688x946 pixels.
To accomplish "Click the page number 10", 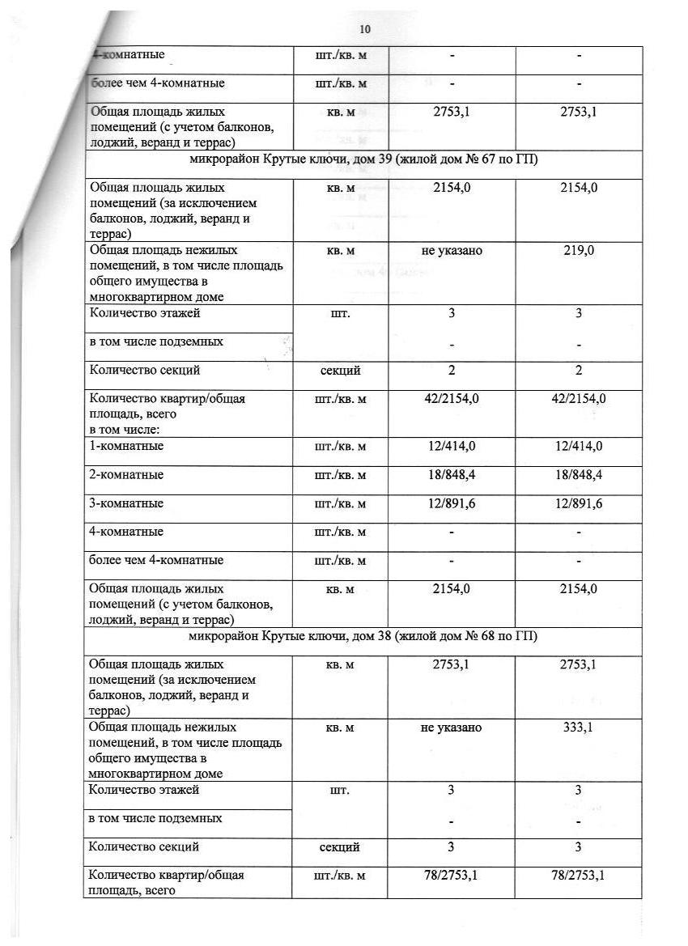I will click(x=364, y=29).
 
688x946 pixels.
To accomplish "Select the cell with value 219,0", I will click(x=579, y=251).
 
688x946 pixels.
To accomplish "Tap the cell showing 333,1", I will click(x=579, y=728).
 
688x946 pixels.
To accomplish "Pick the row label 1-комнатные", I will click(x=126, y=446).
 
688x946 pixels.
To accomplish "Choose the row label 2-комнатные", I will click(x=126, y=474).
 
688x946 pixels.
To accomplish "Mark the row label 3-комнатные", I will click(x=126, y=503).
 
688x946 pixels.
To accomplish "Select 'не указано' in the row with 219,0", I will click(x=452, y=251).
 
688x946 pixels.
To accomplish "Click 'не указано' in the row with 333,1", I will click(x=452, y=728).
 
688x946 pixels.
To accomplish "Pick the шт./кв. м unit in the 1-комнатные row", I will click(x=340, y=446).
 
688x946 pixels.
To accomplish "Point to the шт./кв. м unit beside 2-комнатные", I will click(x=340, y=475).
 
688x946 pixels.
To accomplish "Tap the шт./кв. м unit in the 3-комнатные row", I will click(x=340, y=503).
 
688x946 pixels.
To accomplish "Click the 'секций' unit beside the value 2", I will click(x=340, y=371).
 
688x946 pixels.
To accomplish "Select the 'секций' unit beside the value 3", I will click(x=340, y=847).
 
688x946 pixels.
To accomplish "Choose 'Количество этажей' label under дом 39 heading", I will click(x=145, y=313).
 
